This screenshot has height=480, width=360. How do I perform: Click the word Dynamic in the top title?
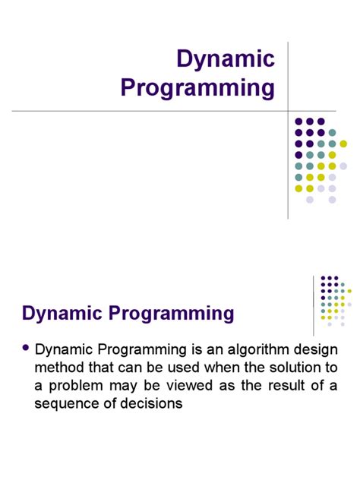point(225,60)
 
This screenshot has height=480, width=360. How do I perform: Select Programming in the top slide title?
point(197,88)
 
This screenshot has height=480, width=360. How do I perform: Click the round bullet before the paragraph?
point(27,348)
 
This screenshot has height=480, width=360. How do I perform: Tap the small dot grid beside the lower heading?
point(333,301)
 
